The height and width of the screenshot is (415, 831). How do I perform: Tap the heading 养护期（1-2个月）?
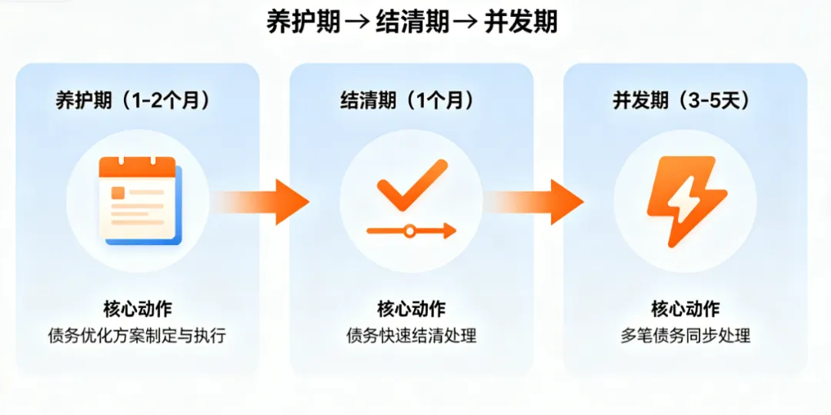(133, 100)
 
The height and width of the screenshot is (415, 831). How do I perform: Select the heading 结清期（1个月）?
(407, 100)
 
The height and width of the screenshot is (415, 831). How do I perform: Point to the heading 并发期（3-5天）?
(682, 100)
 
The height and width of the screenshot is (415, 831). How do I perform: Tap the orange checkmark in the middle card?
(412, 185)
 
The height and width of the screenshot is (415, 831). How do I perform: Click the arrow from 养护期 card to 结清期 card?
(265, 202)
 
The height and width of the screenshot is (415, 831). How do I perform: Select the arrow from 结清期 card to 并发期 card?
(539, 202)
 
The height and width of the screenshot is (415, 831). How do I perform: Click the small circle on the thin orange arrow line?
(410, 229)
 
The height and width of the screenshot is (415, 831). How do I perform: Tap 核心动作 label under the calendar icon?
(138, 310)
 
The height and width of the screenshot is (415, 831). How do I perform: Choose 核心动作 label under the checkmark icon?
(412, 310)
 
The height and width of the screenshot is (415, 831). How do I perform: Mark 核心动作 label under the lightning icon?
(686, 310)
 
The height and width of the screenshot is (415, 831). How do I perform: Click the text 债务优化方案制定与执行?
(138, 336)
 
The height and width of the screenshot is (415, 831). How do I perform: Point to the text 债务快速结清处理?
(412, 336)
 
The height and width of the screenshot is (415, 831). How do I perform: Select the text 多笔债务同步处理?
(686, 336)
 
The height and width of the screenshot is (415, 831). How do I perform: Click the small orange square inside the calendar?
(118, 192)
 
